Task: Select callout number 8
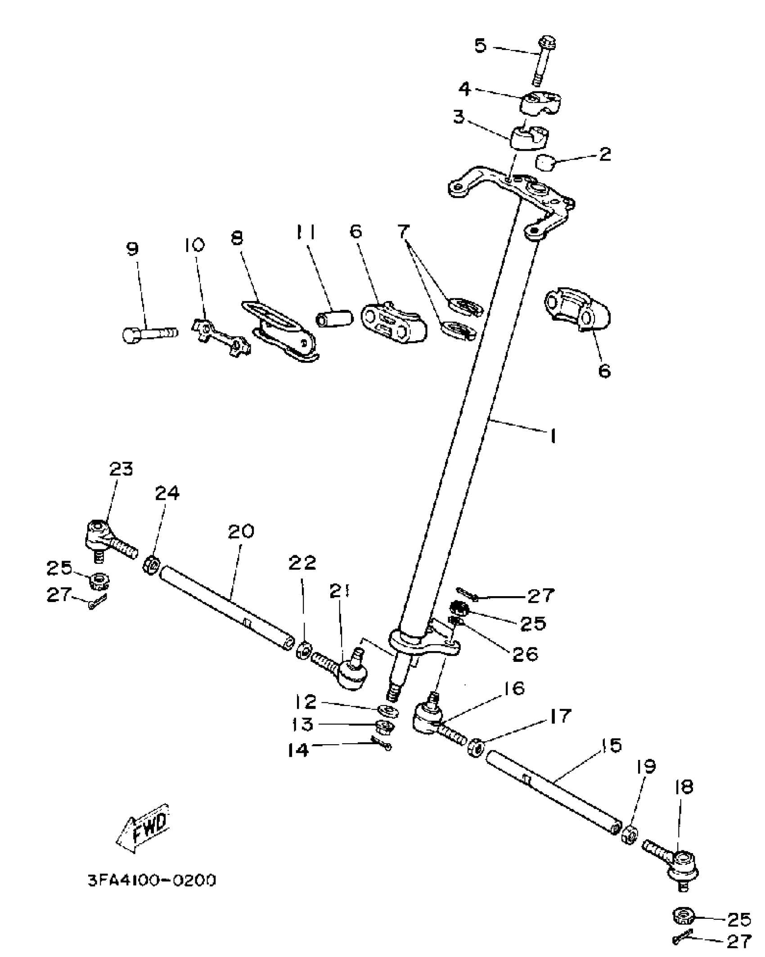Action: pyautogui.click(x=236, y=238)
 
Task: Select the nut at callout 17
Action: pyautogui.click(x=475, y=747)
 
